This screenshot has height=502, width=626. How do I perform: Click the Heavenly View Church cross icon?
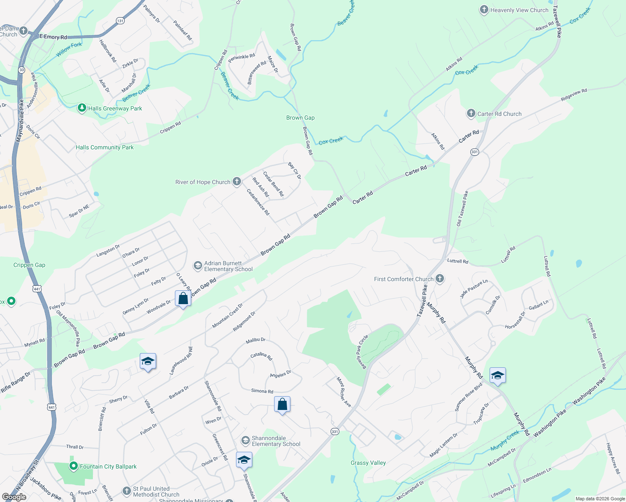tap(484, 10)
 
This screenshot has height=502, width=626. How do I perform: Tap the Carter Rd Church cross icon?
tap(471, 113)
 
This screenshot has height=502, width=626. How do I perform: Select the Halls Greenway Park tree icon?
tap(82, 108)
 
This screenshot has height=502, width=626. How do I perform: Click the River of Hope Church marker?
tap(237, 182)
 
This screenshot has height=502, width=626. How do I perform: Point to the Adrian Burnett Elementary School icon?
tap(198, 266)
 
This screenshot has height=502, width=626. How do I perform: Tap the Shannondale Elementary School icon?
tap(245, 441)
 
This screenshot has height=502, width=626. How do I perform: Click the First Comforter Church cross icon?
tap(439, 279)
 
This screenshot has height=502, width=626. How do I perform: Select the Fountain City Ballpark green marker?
tap(74, 466)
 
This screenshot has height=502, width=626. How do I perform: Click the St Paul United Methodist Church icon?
tap(127, 491)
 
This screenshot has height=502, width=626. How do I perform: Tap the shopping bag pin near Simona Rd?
tap(282, 405)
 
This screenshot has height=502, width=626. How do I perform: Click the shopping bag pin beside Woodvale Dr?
tap(183, 299)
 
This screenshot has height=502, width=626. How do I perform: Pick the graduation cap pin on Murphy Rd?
tap(497, 376)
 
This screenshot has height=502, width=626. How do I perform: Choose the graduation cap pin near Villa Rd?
tap(148, 361)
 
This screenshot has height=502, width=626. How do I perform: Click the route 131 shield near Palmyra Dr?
tap(120, 20)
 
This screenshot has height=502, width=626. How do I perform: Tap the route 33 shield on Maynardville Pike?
tap(22, 70)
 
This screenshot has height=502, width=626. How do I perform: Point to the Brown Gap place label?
tap(300, 118)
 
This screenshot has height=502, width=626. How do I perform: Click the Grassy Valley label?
tap(368, 463)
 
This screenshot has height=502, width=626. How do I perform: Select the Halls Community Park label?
tap(105, 147)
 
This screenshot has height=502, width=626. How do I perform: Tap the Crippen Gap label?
tap(29, 265)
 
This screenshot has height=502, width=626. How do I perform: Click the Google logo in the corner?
tap(14, 497)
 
